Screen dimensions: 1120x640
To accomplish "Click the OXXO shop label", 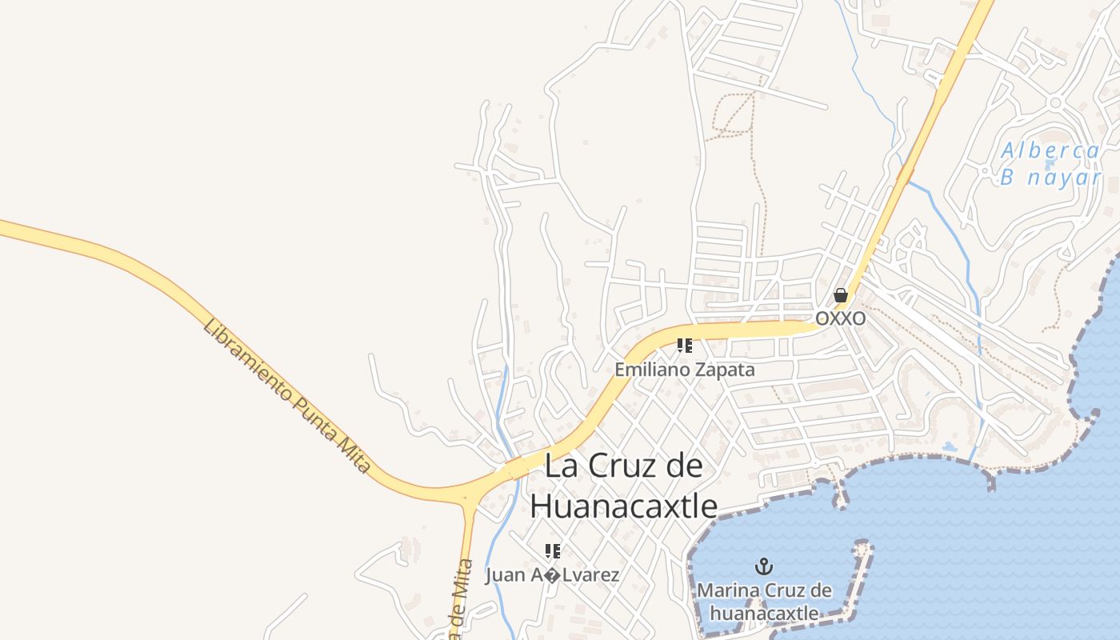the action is [840, 318].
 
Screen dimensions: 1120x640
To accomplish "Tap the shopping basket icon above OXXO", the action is [840, 295].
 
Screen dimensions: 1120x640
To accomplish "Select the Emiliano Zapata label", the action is [684, 370].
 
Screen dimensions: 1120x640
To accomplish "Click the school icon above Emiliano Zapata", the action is [684, 346].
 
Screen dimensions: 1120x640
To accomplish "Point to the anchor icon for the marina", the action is [764, 567].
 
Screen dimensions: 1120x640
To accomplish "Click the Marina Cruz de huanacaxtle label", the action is [764, 602].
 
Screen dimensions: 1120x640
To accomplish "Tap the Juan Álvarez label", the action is [552, 574].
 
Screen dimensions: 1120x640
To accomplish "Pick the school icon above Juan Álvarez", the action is [552, 550].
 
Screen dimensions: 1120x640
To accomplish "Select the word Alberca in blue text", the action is [1050, 150].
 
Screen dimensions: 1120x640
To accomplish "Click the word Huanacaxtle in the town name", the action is [623, 506].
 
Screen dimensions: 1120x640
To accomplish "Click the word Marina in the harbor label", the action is [726, 591].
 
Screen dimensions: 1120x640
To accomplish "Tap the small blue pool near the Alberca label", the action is [1050, 164].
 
